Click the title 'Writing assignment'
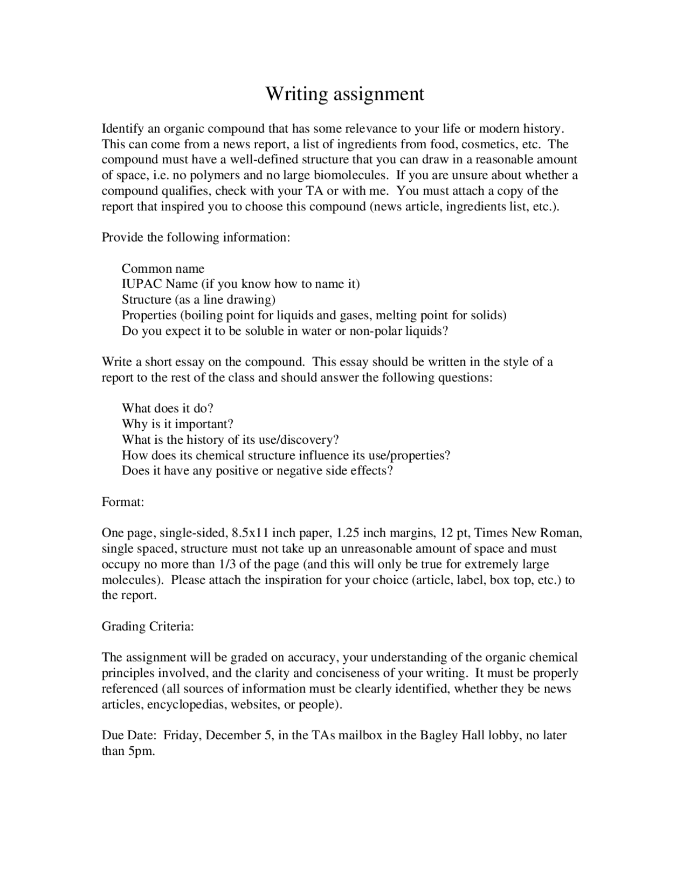pos(344,94)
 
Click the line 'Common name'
pos(163,269)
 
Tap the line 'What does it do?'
pos(168,408)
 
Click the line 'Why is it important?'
pos(177,424)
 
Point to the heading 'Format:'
pos(123,502)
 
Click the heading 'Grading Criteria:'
pos(148,627)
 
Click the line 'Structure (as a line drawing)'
pos(198,300)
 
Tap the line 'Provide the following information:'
pos(196,237)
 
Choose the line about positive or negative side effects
pos(257,471)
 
